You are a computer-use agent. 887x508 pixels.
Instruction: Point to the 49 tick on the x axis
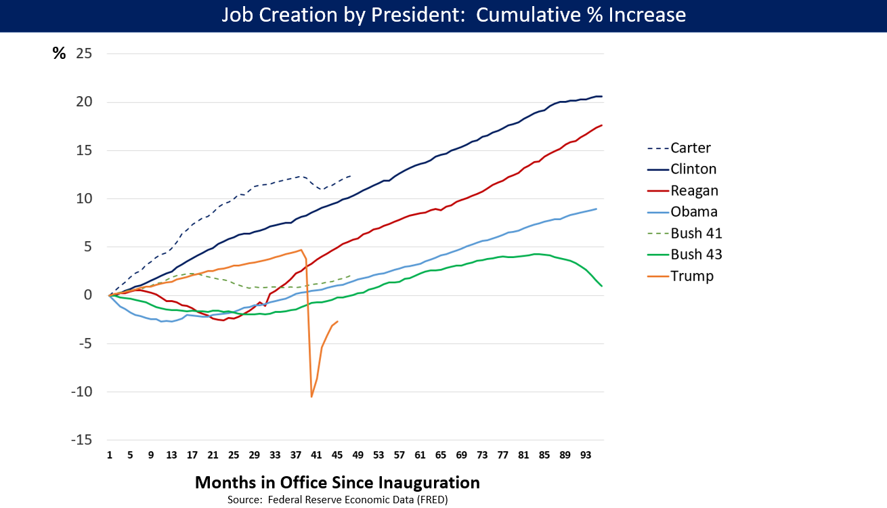click(358, 454)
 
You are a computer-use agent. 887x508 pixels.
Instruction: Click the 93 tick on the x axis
click(585, 454)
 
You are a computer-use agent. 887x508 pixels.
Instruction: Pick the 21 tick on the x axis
click(213, 454)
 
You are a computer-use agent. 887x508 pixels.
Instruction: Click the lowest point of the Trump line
click(311, 396)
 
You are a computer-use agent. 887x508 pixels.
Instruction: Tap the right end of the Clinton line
click(602, 96)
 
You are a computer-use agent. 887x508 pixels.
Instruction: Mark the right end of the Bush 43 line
click(602, 286)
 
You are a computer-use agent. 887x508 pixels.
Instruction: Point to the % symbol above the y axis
click(60, 54)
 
